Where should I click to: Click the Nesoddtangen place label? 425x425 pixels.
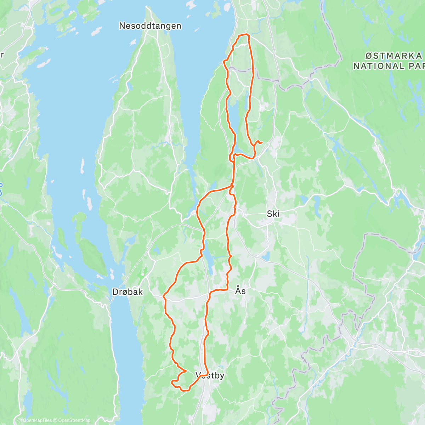150,26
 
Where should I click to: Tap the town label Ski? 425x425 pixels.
273,214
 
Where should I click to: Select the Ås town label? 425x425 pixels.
240,291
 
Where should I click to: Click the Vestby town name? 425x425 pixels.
210,375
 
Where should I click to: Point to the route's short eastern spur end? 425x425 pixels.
261,142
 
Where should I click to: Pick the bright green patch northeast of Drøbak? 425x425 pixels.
143,273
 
